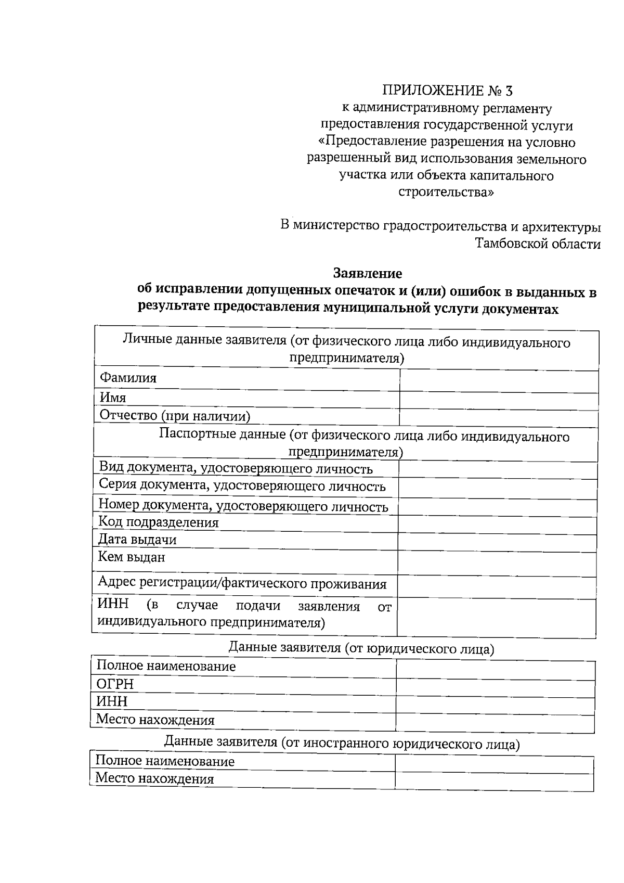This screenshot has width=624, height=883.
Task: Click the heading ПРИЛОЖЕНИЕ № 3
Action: pos(447,91)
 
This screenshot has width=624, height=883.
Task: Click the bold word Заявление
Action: pos(367,273)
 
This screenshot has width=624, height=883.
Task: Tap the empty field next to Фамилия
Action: pos(498,381)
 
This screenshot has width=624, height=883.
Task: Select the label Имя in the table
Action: pos(113,398)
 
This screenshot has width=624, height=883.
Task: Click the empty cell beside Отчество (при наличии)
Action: pos(498,418)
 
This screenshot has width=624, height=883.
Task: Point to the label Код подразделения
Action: pos(159,522)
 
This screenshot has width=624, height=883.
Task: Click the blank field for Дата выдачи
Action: pos(497,543)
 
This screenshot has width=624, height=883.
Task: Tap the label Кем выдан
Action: pos(132,557)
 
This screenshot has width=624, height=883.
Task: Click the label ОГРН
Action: pos(115,684)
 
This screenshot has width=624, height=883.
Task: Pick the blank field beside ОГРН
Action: pos(495,688)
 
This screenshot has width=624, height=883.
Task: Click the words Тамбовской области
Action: pos(538,244)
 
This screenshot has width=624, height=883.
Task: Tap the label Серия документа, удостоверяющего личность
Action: pos(242,486)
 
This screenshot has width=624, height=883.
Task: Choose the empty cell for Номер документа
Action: pos(497,508)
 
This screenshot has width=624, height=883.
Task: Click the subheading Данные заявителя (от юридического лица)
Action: pos(361,648)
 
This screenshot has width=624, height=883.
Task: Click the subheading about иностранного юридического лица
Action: pos(342,743)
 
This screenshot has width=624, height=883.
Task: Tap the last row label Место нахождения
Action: pos(154,779)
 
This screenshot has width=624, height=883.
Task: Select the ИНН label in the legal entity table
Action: pos(112,701)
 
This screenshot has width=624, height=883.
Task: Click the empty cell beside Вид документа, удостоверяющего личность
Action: pos(497,470)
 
